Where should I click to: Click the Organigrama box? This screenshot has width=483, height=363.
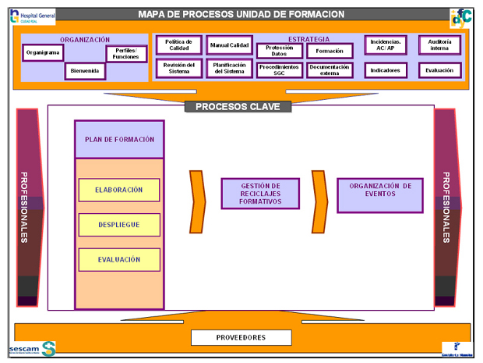pos(43,53)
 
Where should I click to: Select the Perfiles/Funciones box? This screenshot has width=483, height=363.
pos(125,54)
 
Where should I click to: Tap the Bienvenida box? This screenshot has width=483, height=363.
pos(85,71)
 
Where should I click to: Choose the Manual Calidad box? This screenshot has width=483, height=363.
pos(229,46)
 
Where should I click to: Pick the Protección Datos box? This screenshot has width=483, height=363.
pos(279,51)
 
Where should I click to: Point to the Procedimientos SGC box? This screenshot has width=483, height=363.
pos(279,69)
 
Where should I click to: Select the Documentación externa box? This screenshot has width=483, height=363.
pos(330,69)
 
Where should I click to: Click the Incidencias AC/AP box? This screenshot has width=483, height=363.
pos(385,45)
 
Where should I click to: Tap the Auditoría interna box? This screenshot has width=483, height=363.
pos(439,45)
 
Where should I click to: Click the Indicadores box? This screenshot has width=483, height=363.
pos(385,69)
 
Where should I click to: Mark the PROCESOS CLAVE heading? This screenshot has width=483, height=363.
pos(232,106)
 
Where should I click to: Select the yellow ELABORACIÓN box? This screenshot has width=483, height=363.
pos(119,190)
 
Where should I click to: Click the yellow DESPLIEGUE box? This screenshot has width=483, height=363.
pos(119,225)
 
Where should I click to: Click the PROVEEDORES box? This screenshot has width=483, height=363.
pos(241,337)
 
